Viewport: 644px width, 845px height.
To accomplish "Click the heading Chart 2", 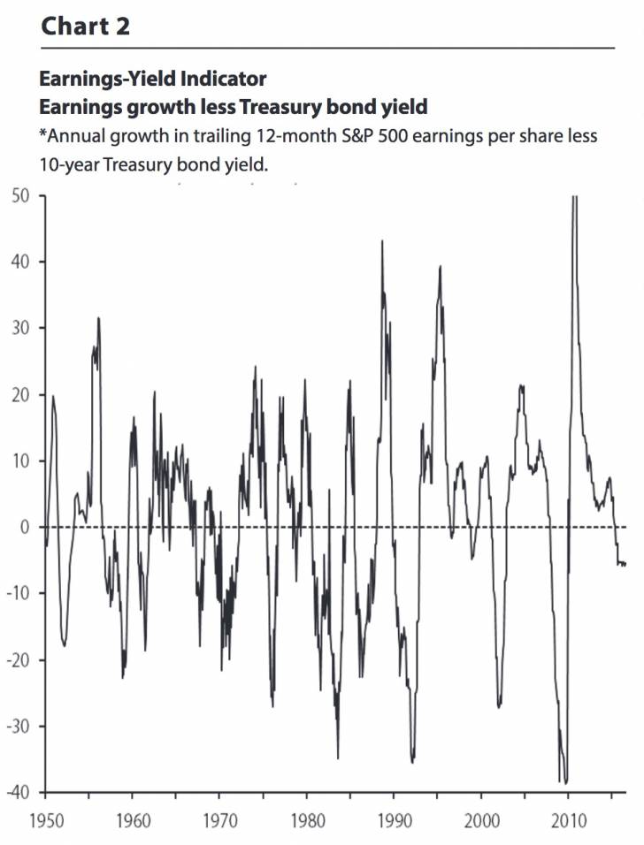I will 86,26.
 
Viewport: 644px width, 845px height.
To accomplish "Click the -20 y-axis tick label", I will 19,660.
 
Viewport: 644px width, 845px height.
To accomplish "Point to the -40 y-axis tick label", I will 19,792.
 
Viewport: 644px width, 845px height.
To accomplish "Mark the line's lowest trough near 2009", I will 564,782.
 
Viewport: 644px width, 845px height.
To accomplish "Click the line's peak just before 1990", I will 382,241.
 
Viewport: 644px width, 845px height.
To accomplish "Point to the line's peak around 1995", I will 440,266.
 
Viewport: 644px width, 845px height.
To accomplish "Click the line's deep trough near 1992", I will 412,762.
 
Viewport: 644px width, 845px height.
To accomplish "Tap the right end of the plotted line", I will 625,564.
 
